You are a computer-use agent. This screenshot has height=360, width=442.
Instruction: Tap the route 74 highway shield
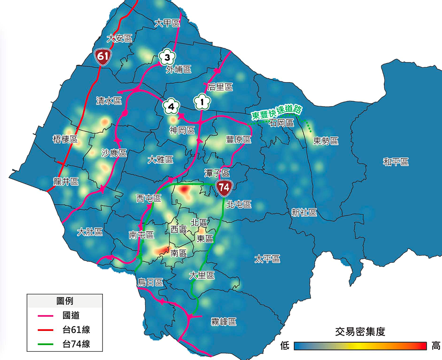pyautogui.click(x=224, y=188)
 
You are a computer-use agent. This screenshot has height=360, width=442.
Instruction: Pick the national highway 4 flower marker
pyautogui.click(x=171, y=107)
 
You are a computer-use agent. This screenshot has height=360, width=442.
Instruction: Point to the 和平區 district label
pyautogui.click(x=396, y=162)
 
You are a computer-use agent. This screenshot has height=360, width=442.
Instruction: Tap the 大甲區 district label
pyautogui.click(x=167, y=24)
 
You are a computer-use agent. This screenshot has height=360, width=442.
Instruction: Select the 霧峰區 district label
pyautogui.click(x=223, y=322)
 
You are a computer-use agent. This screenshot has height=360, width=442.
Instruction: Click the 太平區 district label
pyautogui.click(x=267, y=259)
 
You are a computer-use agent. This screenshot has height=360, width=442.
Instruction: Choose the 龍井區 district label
pyautogui.click(x=65, y=182)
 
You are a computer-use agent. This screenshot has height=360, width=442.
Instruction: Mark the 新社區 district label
pyautogui.click(x=304, y=212)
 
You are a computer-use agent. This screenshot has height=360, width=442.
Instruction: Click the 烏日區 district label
pyautogui.click(x=150, y=283)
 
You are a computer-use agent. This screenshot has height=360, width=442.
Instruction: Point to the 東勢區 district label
pyautogui.click(x=326, y=141)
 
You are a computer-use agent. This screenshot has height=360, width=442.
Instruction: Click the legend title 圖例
pyautogui.click(x=64, y=301)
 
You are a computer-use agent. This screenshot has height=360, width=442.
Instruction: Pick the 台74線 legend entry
pyautogui.click(x=76, y=344)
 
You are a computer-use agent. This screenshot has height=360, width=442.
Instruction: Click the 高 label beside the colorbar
pyautogui.click(x=436, y=346)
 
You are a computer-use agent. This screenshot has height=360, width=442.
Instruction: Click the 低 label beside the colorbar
pyautogui.click(x=285, y=346)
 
